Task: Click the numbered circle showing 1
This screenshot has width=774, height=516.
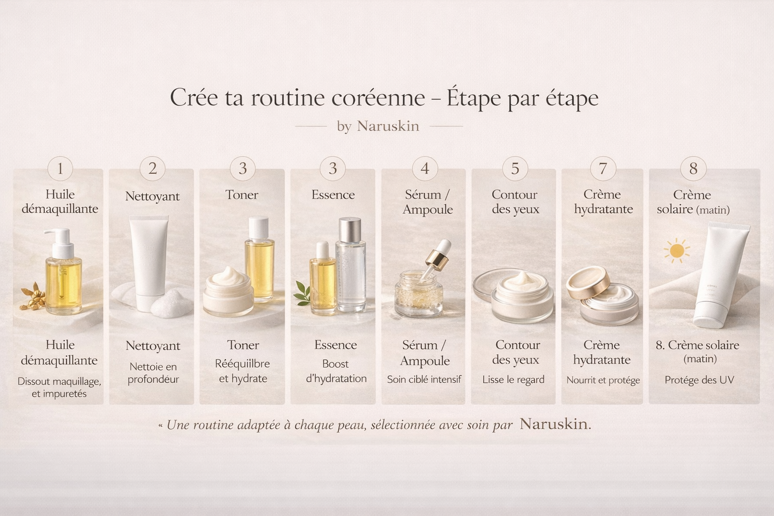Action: [x=60, y=168]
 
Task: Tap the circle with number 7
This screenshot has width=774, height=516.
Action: [x=603, y=169]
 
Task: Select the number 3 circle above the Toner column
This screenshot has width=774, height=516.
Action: [x=242, y=168]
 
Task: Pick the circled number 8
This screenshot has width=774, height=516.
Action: [x=693, y=169]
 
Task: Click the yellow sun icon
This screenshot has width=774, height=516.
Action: [x=676, y=250]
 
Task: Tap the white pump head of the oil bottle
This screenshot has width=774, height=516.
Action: [x=59, y=242]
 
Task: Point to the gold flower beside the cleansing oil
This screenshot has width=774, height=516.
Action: [x=33, y=296]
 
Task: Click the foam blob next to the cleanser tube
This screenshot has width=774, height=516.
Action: [x=171, y=304]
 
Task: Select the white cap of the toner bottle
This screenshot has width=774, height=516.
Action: [x=259, y=228]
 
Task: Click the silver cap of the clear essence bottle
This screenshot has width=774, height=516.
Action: [x=350, y=229]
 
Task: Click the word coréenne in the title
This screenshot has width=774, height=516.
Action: [x=378, y=98]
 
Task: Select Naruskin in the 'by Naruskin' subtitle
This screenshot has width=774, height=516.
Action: [x=388, y=126]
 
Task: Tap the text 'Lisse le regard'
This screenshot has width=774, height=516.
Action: [x=513, y=379]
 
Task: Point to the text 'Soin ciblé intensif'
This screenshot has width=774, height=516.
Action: [x=424, y=379]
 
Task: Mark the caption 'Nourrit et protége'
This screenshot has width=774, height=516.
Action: [x=603, y=380]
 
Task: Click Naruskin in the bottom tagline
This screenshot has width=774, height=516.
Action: [x=554, y=424]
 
